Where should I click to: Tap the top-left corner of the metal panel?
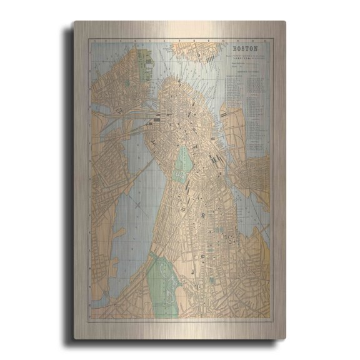point(75,22)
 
